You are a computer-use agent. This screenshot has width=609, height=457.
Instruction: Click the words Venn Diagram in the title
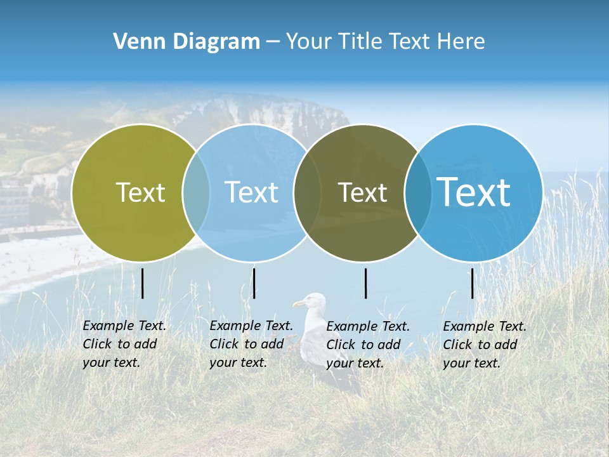(187, 41)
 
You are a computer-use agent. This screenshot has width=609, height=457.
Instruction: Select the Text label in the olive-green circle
(140, 192)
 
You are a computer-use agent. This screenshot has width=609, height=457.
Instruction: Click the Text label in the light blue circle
(251, 192)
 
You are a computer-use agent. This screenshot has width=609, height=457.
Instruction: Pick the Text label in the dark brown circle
(362, 192)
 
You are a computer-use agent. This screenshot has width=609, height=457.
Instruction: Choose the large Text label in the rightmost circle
(474, 192)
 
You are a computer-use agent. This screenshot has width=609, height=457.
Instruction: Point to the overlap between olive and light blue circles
(196, 192)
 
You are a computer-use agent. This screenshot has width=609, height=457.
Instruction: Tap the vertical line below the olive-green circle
(143, 283)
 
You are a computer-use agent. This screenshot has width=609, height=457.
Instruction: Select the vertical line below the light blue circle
(254, 283)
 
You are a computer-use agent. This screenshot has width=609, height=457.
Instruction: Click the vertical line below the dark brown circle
(366, 283)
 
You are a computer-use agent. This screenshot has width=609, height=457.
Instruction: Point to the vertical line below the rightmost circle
(473, 283)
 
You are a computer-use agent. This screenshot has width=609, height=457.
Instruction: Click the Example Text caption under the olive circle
(124, 344)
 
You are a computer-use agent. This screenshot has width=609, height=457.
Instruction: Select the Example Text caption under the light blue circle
(251, 344)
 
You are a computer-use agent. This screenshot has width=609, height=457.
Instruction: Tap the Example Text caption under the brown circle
(367, 345)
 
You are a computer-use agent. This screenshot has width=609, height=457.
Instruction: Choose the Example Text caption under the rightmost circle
(484, 345)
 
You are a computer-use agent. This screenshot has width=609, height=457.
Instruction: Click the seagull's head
(313, 301)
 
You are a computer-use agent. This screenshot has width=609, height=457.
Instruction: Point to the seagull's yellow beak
(298, 304)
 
